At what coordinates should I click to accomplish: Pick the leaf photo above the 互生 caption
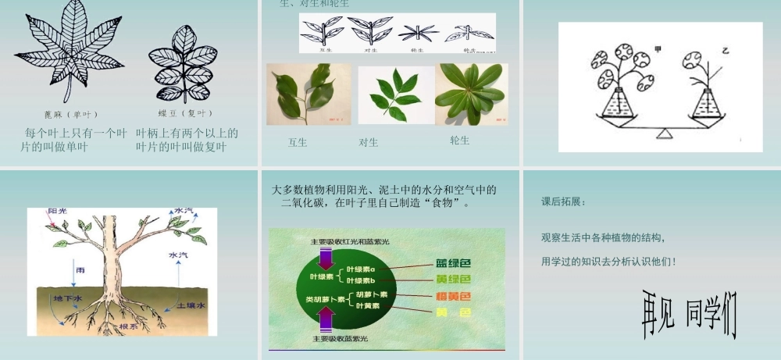click(x=301, y=94)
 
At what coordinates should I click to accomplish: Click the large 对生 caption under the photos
click(x=369, y=142)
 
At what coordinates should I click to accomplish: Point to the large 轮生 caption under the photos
click(x=459, y=141)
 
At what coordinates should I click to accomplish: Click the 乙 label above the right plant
click(x=725, y=49)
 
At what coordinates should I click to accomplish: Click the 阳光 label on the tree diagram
click(x=57, y=212)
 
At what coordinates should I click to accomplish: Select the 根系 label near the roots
click(x=129, y=326)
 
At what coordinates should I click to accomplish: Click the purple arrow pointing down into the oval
click(x=325, y=255)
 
